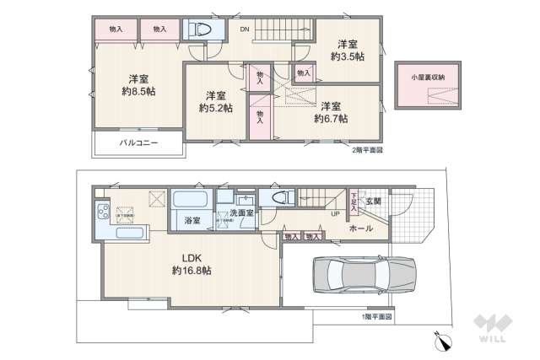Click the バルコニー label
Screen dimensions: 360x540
pyautogui.click(x=138, y=143)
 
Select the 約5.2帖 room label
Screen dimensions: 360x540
pyautogui.click(x=215, y=108)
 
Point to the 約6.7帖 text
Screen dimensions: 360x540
pyautogui.click(x=331, y=119)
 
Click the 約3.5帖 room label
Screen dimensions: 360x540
pyautogui.click(x=345, y=56)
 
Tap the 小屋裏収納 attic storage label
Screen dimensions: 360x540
pyautogui.click(x=428, y=78)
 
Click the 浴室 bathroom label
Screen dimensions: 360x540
pyautogui.click(x=192, y=221)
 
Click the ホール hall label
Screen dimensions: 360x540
pyautogui.click(x=361, y=228)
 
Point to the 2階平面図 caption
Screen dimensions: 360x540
pyautogui.click(x=367, y=151)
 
